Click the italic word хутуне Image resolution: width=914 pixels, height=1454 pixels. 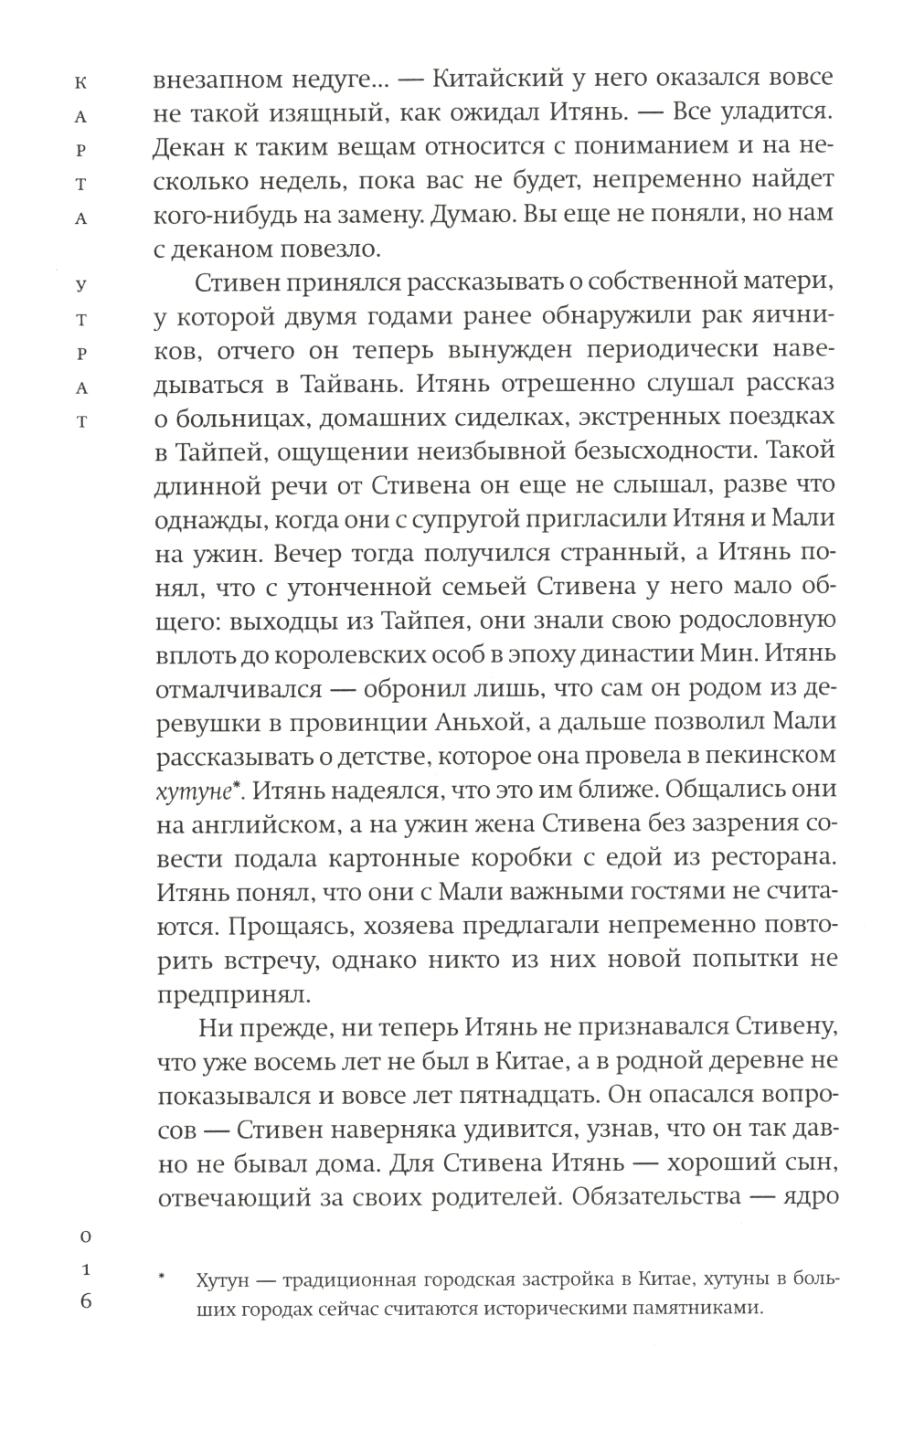click(186, 790)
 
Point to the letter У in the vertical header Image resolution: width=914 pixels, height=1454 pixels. click(82, 285)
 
